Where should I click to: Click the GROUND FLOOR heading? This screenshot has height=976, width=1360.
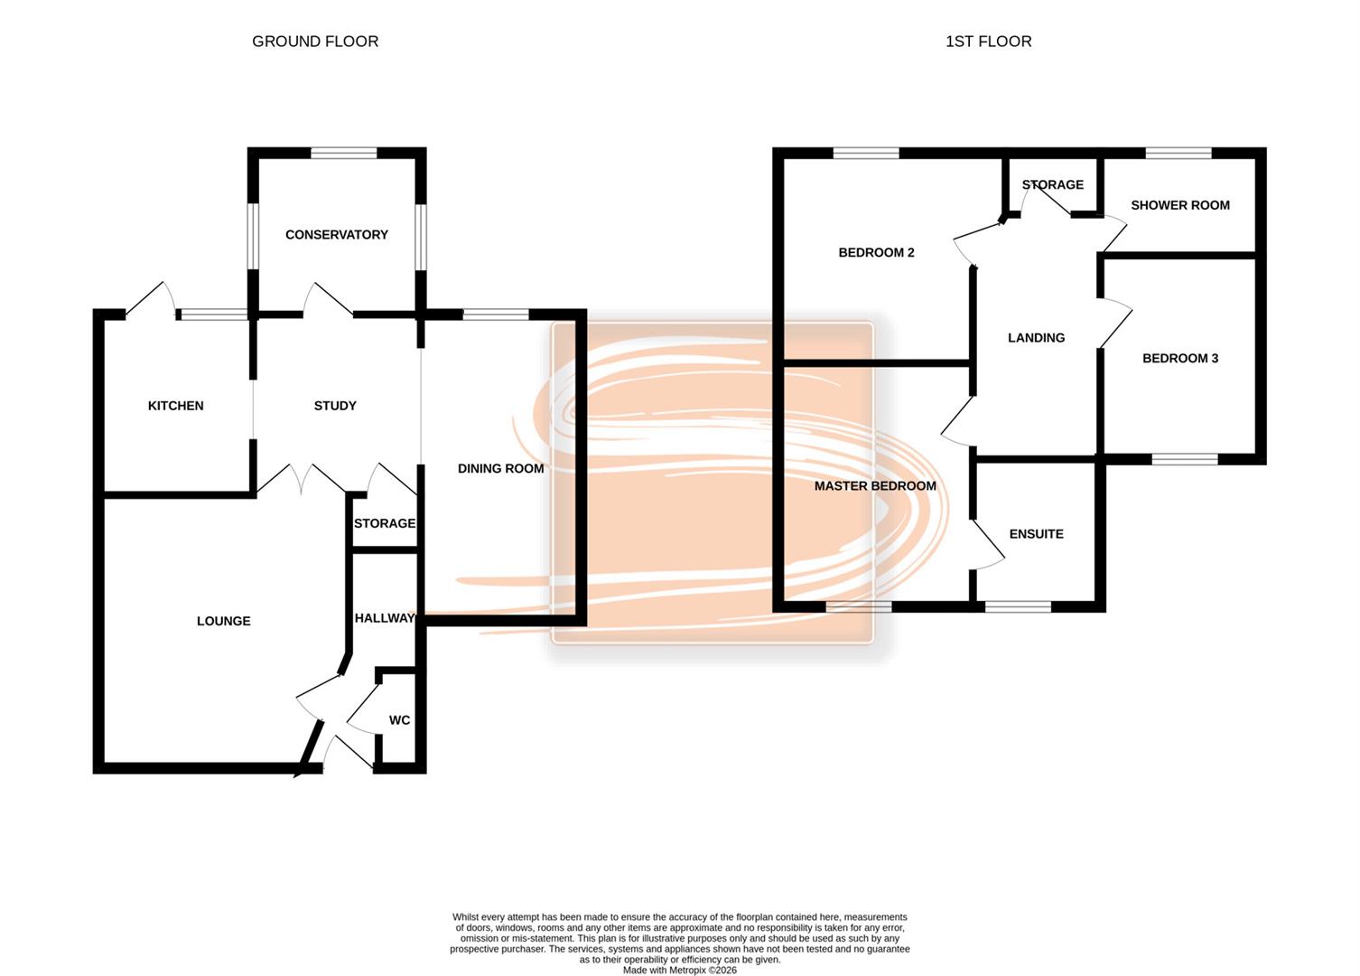315,42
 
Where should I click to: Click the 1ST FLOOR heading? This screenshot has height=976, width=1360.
988,42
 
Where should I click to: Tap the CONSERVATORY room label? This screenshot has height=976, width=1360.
337,235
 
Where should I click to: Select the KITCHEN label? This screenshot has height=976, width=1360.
176,406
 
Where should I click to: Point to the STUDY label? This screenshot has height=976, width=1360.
335,406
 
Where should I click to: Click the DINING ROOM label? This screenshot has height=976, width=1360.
500,468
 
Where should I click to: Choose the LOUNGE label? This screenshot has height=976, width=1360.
224,621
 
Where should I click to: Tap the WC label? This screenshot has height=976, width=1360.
399,720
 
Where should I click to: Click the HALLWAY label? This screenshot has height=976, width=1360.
385,618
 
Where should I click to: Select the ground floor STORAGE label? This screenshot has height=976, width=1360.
385,523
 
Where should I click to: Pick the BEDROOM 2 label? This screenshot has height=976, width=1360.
876,252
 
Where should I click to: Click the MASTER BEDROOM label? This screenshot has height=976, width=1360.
875,486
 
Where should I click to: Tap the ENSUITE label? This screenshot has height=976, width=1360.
1036,534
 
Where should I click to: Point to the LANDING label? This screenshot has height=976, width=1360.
1036,338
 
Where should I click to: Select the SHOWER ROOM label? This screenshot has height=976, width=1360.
1179,205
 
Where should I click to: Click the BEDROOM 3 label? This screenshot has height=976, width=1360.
1179,359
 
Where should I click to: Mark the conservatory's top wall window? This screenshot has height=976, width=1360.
343,153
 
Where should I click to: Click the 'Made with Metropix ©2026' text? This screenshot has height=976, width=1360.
679,970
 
